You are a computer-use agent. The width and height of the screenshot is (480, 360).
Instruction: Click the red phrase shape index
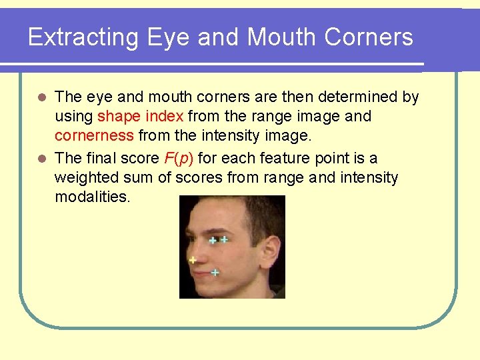click(140, 117)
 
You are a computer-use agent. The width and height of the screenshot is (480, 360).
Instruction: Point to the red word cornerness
click(94, 137)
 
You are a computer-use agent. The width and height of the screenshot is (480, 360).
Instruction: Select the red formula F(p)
click(179, 158)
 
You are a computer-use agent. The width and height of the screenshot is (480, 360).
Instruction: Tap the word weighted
click(83, 178)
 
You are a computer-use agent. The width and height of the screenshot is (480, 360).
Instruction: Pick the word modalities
click(93, 197)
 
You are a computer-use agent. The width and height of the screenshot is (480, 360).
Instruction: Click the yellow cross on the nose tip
click(193, 260)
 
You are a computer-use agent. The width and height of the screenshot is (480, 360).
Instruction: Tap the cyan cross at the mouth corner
click(215, 273)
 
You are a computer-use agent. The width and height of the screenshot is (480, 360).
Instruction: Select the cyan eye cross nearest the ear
click(225, 239)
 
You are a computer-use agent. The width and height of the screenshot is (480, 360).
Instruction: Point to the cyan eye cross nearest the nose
click(213, 241)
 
